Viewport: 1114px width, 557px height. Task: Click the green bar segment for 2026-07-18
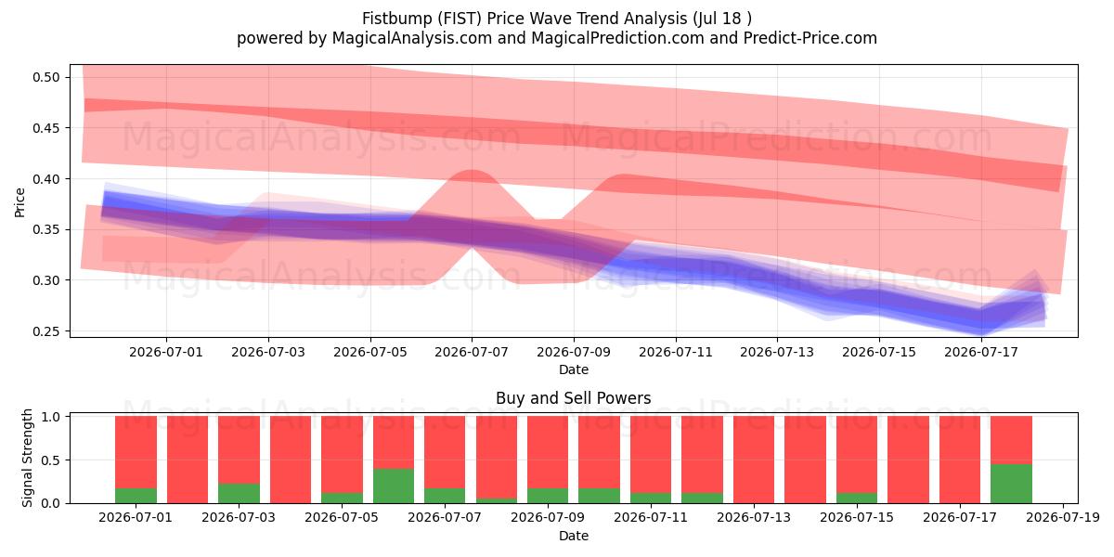pyautogui.click(x=1011, y=484)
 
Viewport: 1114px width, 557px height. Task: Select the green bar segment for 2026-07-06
pyautogui.click(x=394, y=486)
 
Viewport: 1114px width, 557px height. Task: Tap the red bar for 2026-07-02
pyautogui.click(x=188, y=460)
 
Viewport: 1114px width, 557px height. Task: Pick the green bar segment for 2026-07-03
pyautogui.click(x=239, y=493)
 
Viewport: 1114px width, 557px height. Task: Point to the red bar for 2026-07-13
pyautogui.click(x=754, y=460)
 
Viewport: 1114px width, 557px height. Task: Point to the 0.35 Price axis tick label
pyautogui.click(x=45, y=230)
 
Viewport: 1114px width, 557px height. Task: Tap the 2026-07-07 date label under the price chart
pyautogui.click(x=472, y=352)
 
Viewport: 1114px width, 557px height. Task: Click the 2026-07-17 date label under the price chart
pyautogui.click(x=981, y=352)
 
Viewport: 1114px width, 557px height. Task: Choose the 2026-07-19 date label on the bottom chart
pyautogui.click(x=1063, y=517)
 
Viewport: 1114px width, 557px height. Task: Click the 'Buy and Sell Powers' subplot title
pyautogui.click(x=574, y=398)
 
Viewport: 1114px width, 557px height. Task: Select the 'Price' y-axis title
pyautogui.click(x=19, y=202)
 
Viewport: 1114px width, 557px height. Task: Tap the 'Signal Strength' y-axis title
pyautogui.click(x=27, y=458)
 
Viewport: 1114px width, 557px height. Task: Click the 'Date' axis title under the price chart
pyautogui.click(x=574, y=369)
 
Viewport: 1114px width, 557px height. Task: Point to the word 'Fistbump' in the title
pyautogui.click(x=397, y=19)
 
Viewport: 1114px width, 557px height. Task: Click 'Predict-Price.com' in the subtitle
pyautogui.click(x=810, y=38)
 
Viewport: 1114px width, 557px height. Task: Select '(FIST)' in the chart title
pyautogui.click(x=460, y=19)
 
